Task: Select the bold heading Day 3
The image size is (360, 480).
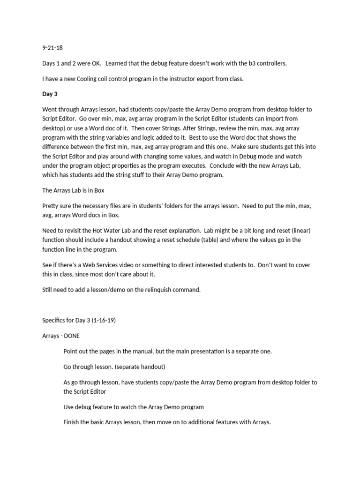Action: [50, 94]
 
